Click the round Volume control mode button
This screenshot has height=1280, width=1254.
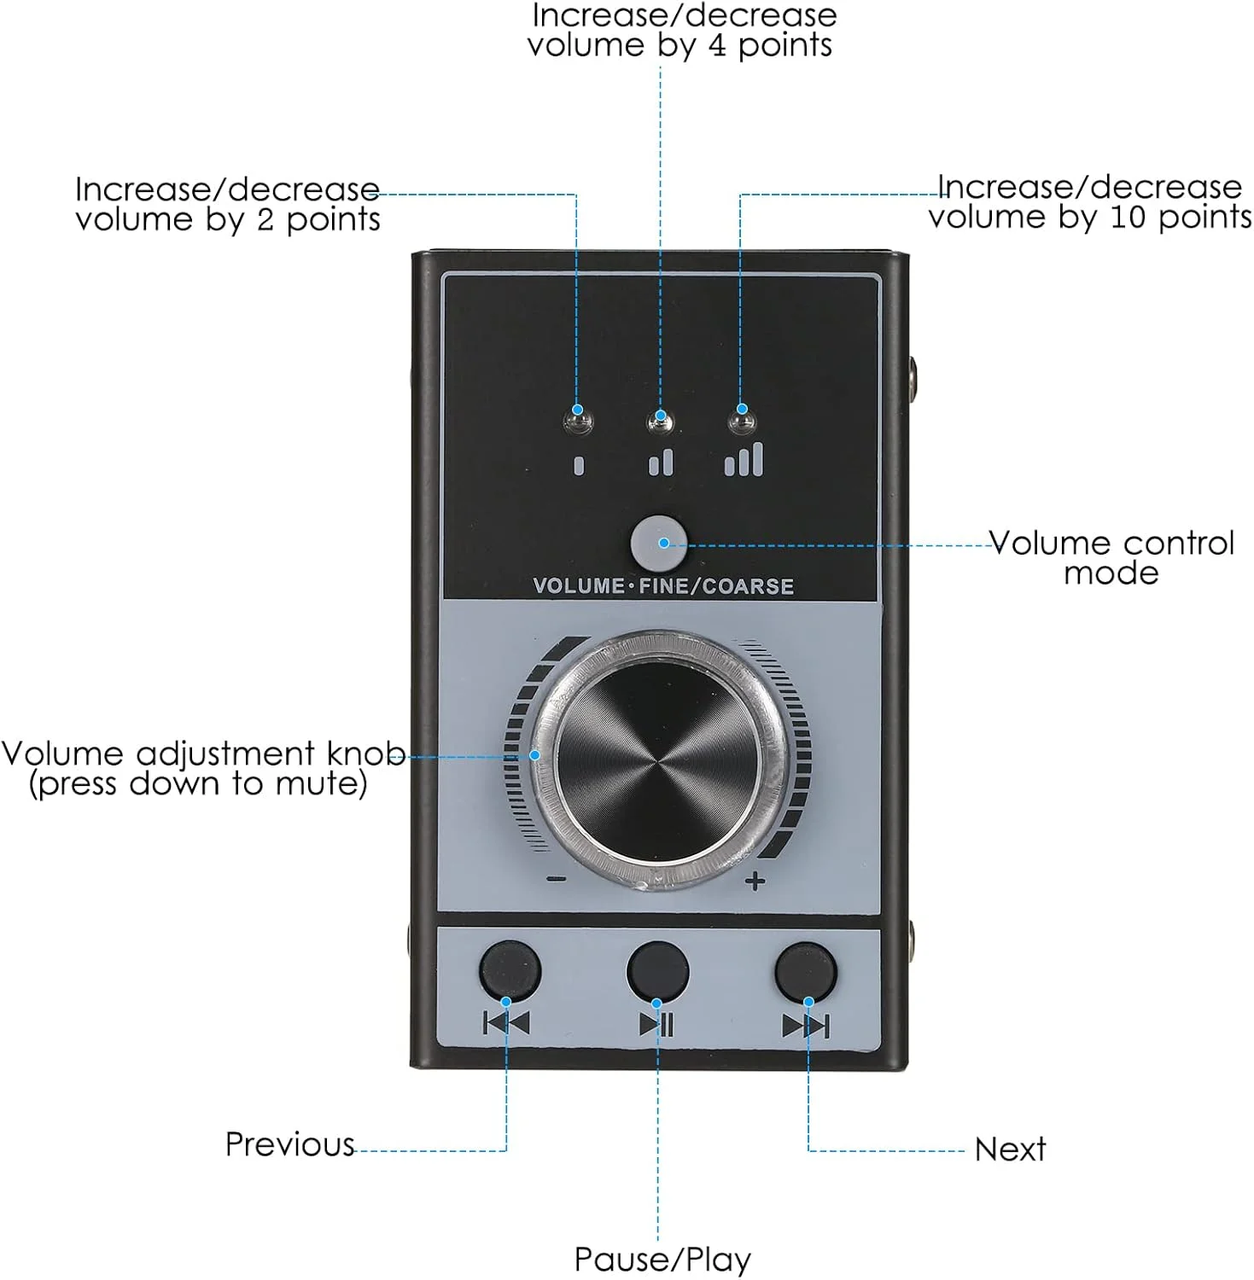pyautogui.click(x=658, y=542)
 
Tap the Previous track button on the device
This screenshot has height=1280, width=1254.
pyautogui.click(x=510, y=971)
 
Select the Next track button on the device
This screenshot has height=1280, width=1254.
pyautogui.click(x=805, y=971)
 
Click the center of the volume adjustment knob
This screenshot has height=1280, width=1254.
pyautogui.click(x=658, y=759)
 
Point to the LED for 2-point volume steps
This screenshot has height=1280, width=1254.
pyautogui.click(x=579, y=421)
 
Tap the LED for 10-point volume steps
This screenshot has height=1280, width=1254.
pyautogui.click(x=741, y=421)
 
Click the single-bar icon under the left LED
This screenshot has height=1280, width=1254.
pyautogui.click(x=579, y=465)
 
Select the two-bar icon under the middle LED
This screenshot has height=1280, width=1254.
pyautogui.click(x=661, y=463)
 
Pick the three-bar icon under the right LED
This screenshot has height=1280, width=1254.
pyautogui.click(x=744, y=459)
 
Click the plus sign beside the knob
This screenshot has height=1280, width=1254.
pyautogui.click(x=755, y=881)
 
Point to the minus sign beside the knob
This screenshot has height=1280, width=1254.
pyautogui.click(x=556, y=878)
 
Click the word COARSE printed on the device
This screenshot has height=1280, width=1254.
pyautogui.click(x=748, y=586)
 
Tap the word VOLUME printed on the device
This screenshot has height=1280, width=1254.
pyautogui.click(x=579, y=586)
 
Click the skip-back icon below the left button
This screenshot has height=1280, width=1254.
pyautogui.click(x=507, y=1022)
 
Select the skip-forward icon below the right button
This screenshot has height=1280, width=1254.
pyautogui.click(x=805, y=1025)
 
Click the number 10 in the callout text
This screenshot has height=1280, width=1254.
pyautogui.click(x=1127, y=218)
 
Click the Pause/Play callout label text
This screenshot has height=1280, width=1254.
pyautogui.click(x=662, y=1260)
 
